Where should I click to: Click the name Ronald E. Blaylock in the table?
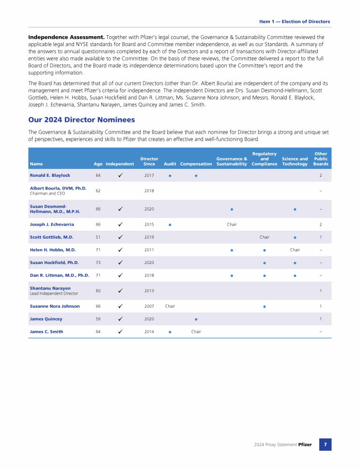click(x=50, y=175)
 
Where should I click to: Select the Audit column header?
click(x=170, y=164)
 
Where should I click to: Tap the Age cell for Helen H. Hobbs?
click(x=98, y=250)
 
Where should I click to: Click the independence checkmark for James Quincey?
click(x=120, y=319)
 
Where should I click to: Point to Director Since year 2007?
click(x=149, y=306)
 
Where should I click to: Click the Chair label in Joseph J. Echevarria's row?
click(x=232, y=225)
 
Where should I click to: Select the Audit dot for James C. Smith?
click(x=170, y=332)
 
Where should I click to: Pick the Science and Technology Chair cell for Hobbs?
click(x=295, y=250)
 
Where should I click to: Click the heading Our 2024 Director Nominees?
click(x=82, y=120)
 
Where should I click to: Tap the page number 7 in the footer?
click(x=325, y=444)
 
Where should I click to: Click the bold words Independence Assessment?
click(x=66, y=37)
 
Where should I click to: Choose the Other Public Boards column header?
click(x=321, y=159)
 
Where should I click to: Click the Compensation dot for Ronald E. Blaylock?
click(x=196, y=176)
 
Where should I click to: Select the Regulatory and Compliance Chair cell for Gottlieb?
click(x=264, y=237)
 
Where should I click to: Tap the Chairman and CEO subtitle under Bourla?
click(x=47, y=193)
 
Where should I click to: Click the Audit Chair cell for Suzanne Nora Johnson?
click(x=170, y=306)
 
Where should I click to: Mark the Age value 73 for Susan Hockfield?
click(x=98, y=263)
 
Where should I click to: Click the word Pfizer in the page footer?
click(x=305, y=445)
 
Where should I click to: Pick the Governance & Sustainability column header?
click(x=232, y=161)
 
